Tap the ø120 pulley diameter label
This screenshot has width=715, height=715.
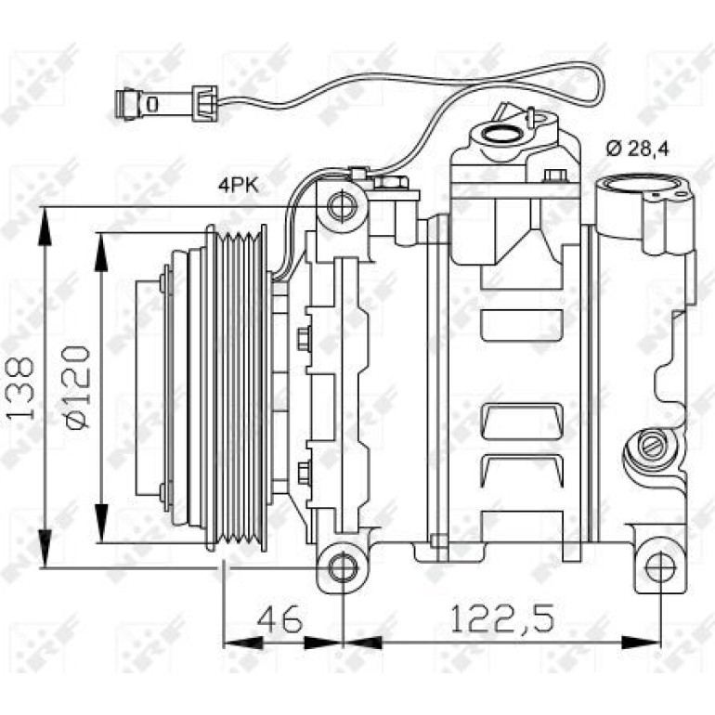click(76, 387)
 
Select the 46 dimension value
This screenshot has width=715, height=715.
click(280, 618)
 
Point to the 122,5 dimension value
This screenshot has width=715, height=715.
click(502, 618)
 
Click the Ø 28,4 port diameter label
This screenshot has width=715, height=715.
click(638, 149)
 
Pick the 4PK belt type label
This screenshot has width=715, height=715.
click(239, 186)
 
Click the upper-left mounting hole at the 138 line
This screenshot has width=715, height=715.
click(342, 207)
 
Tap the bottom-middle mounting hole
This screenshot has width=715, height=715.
click(342, 568)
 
